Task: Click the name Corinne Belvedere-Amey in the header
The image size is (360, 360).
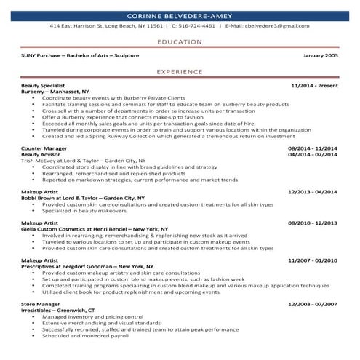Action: [x=180, y=15]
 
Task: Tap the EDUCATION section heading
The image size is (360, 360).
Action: [x=180, y=42]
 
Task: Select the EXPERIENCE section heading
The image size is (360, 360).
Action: [x=180, y=72]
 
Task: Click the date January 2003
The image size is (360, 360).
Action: [x=320, y=55]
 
